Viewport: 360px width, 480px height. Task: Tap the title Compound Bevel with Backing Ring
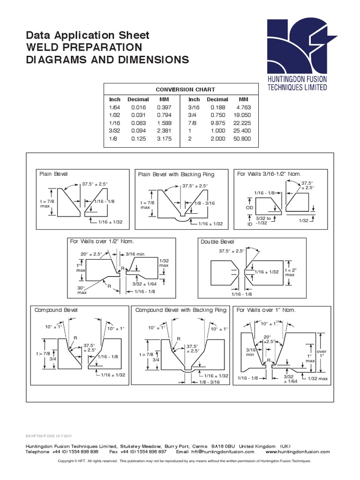coord(180,310)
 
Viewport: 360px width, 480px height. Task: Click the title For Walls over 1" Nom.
coord(266,310)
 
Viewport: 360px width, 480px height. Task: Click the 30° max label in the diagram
coord(82,290)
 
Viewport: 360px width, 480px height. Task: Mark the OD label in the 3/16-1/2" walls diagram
coord(249,207)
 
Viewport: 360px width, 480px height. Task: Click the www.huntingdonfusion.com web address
coord(298,452)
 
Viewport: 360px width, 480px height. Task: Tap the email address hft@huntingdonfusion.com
coord(222,452)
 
